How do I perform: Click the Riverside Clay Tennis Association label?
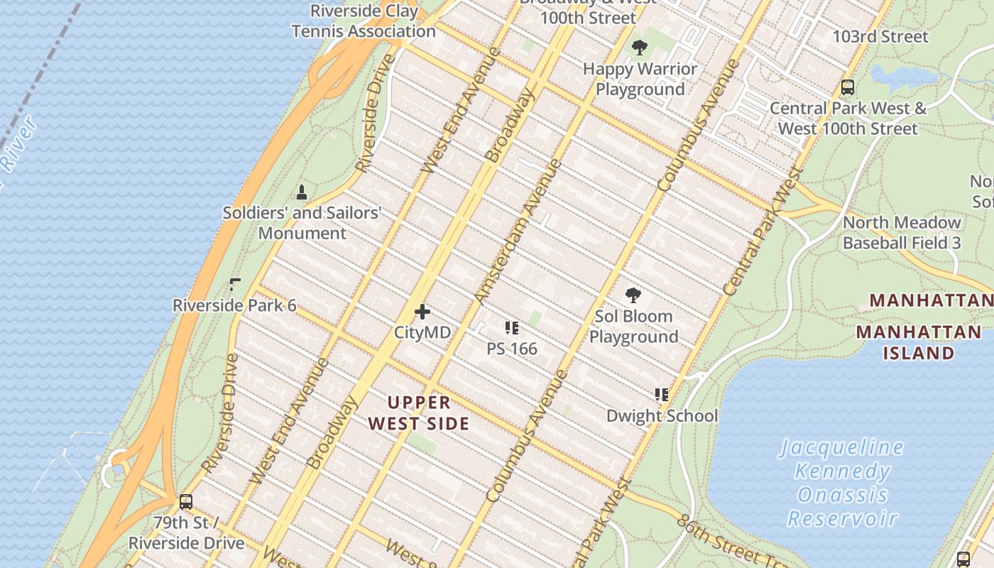[x=364, y=21]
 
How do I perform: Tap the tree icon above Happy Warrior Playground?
[x=640, y=48]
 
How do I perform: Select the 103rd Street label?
[x=880, y=36]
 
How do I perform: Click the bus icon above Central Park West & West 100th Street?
[x=847, y=87]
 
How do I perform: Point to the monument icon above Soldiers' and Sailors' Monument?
[x=302, y=192]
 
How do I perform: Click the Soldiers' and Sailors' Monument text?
[x=302, y=222]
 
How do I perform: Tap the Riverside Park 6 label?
[x=234, y=305]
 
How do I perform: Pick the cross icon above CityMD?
[x=422, y=312]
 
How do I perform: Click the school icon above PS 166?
[x=512, y=328]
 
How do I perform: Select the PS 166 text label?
[x=512, y=349]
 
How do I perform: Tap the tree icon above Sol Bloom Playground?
[x=633, y=295]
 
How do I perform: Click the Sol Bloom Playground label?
[x=634, y=326]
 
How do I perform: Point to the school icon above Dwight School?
[x=662, y=395]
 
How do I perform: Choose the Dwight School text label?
[x=662, y=415]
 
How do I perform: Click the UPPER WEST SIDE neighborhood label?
[x=419, y=413]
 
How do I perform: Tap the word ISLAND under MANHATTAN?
[x=918, y=353]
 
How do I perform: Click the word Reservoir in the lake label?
[x=843, y=518]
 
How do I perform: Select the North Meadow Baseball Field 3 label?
[x=902, y=232]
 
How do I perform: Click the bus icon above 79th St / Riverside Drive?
[x=186, y=502]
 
